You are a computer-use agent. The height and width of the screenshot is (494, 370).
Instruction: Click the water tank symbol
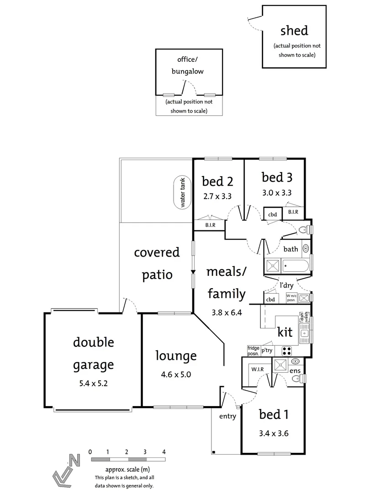[182, 193]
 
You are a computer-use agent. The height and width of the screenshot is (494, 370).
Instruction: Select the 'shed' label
[294, 31]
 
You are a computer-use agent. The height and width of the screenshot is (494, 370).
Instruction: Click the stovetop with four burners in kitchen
[286, 351]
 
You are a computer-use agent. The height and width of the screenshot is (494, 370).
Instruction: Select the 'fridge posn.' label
[253, 350]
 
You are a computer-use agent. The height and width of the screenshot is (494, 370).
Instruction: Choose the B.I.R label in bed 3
[293, 212]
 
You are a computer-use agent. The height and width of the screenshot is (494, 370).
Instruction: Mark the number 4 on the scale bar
[164, 451]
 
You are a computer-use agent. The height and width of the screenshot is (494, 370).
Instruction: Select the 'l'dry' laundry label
[286, 285]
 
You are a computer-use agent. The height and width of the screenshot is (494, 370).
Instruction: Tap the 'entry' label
[227, 416]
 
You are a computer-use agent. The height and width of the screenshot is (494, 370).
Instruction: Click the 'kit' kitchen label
[285, 332]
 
